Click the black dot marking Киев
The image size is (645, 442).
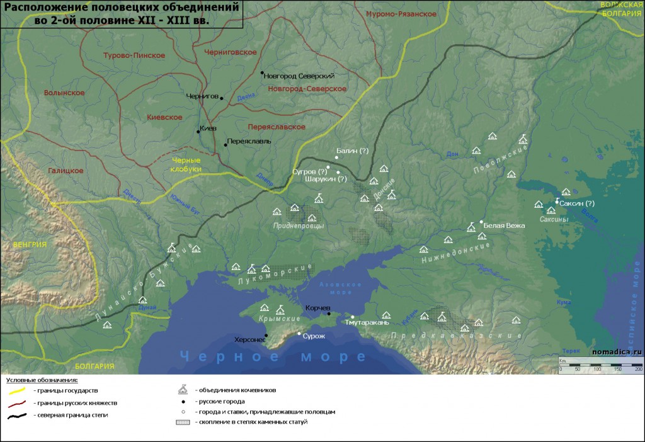[197, 132]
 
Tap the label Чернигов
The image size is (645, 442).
[202, 97]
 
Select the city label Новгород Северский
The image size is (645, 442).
[299, 76]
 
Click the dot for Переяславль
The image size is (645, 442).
[225, 145]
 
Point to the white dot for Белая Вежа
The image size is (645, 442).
[481, 222]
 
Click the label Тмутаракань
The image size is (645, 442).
[367, 322]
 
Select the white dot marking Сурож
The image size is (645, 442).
[299, 333]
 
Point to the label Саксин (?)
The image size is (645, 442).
[577, 203]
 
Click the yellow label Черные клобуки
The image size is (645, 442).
[186, 165]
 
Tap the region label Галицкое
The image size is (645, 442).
[66, 171]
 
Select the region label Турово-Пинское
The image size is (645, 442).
[134, 55]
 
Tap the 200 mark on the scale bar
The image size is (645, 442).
[638, 368]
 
